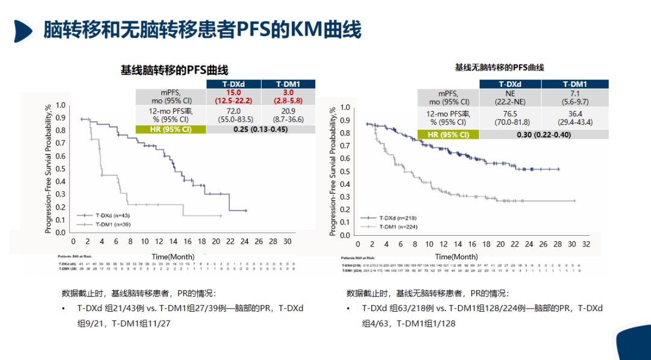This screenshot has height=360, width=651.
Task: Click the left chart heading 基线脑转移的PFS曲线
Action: [x=174, y=71]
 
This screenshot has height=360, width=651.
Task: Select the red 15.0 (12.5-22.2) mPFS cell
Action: [x=231, y=96]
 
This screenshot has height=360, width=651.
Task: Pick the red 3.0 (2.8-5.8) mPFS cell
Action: [x=288, y=96]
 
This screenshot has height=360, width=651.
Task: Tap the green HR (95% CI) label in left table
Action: [x=171, y=129]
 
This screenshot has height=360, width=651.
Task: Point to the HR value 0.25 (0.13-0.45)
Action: [x=259, y=129]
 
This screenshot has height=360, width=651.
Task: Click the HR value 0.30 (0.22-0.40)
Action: [x=543, y=134]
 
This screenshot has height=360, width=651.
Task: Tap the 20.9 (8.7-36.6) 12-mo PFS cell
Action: [x=288, y=115]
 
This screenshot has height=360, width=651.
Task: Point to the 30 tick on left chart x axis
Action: [x=288, y=241]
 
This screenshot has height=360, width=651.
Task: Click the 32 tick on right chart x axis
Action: [x=586, y=244]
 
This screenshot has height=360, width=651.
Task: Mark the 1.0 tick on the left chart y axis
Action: [x=61, y=104]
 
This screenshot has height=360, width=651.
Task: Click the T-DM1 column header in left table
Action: [x=288, y=84]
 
